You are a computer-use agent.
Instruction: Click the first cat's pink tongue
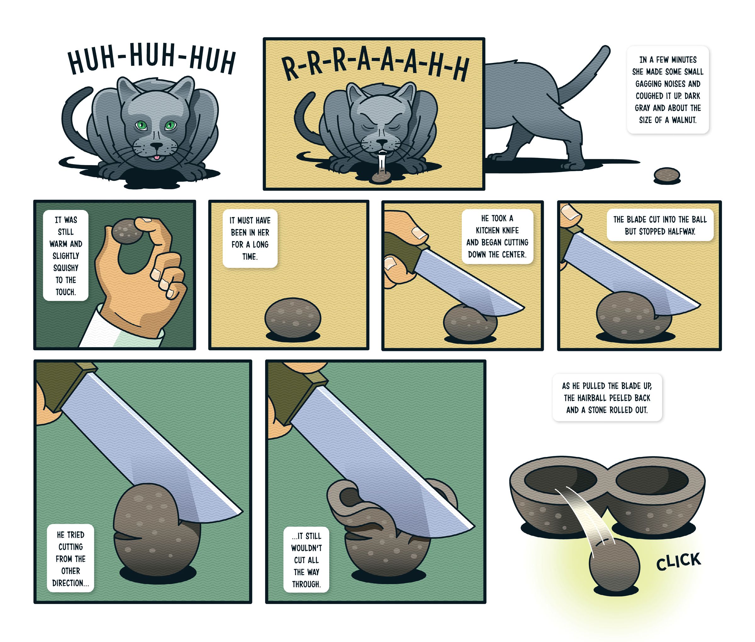pyautogui.click(x=156, y=157)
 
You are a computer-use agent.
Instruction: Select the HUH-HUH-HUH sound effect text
pyautogui.click(x=152, y=60)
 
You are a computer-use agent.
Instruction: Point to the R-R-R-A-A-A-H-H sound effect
pyautogui.click(x=375, y=68)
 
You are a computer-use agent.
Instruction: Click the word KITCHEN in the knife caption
pyautogui.click(x=497, y=230)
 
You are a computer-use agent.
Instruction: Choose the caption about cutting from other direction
pyautogui.click(x=70, y=559)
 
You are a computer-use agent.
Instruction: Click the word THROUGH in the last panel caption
pyautogui.click(x=306, y=584)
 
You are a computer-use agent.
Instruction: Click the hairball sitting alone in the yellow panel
pyautogui.click(x=293, y=318)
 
